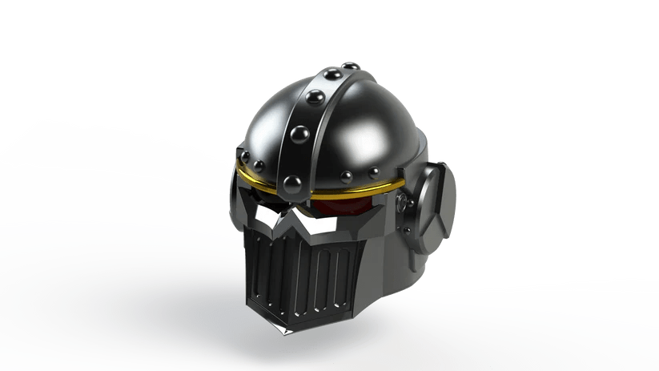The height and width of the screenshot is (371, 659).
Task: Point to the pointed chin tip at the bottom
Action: point(284,328)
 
